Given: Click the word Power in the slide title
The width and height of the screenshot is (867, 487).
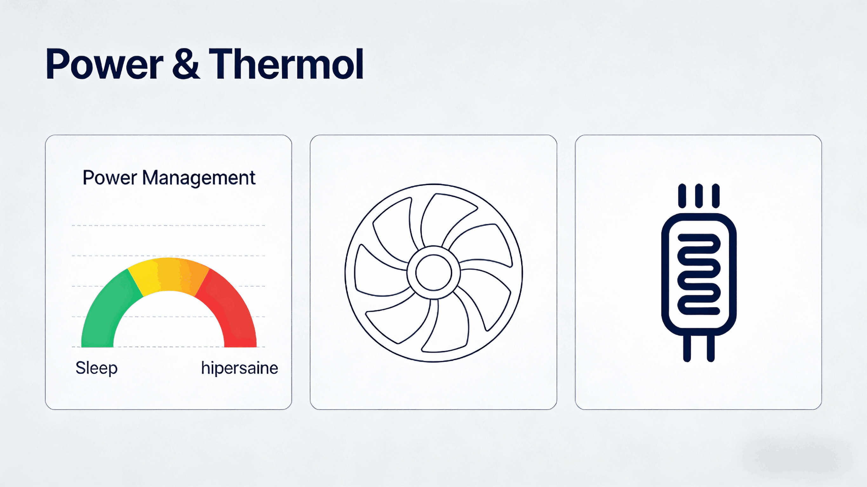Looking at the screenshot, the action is coord(105,63).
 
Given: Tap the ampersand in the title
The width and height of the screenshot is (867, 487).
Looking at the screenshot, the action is coord(185,63).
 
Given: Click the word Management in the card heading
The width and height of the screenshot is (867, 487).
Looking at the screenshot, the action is coord(198,178).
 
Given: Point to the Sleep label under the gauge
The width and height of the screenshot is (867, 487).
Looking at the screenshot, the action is coord(97,368).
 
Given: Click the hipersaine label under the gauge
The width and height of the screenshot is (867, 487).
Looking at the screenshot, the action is coord(240,368).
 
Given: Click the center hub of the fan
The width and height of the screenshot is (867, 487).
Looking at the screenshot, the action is coord(433,273).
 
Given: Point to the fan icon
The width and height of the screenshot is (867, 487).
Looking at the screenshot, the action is coord(434,273).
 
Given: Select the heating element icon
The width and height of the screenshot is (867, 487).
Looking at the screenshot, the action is coord(699,273).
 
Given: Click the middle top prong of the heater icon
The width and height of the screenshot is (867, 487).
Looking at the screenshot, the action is coord(699,196).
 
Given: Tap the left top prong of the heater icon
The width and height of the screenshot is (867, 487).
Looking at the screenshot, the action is coord(682,196).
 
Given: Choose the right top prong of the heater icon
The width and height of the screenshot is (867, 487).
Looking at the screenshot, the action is coord(716,196).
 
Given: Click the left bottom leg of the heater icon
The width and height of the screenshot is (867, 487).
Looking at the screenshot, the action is coord(687,348).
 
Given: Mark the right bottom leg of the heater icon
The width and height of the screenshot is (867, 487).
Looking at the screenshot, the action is coord(711,348).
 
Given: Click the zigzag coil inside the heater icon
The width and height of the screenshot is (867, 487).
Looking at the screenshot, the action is coord(699,274).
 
